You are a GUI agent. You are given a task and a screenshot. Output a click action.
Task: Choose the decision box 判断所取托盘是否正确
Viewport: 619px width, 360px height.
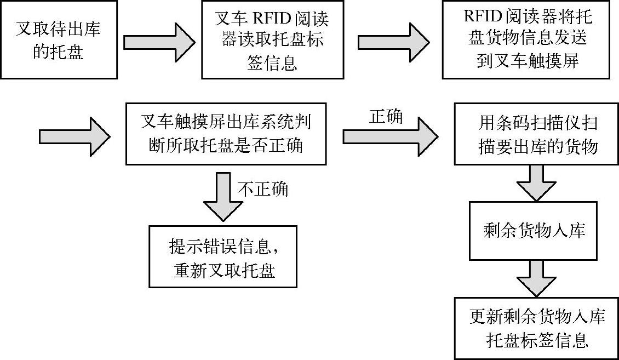click(226, 133)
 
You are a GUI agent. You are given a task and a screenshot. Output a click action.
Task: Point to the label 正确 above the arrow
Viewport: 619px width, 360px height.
click(386, 116)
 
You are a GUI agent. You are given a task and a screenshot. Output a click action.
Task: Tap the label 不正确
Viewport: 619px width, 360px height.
click(263, 189)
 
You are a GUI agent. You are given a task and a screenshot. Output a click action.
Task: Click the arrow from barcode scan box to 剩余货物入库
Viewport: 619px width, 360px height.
click(535, 182)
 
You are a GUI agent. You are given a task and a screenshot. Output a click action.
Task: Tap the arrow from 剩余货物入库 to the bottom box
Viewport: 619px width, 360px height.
click(535, 278)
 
